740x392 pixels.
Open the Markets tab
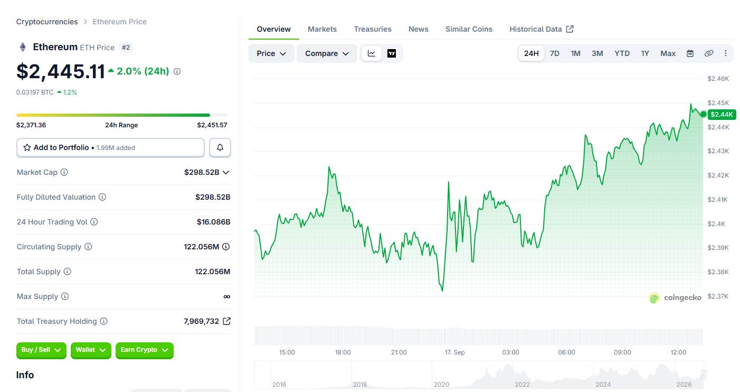point(322,29)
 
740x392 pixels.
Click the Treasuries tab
point(373,29)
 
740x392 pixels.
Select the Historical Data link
point(542,29)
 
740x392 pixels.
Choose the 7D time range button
point(554,53)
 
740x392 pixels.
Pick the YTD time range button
point(622,53)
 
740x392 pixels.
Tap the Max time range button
point(668,53)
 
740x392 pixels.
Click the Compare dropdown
point(327,53)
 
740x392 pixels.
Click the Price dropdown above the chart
point(271,53)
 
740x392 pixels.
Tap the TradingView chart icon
point(392,53)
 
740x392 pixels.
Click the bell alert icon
point(220,147)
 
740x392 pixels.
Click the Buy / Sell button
point(41,350)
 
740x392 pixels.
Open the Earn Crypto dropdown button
point(145,350)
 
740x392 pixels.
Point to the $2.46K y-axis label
point(718,79)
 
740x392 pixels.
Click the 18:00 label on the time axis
point(343,352)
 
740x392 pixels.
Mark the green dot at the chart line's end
point(704,114)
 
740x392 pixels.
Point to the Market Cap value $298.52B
point(202,172)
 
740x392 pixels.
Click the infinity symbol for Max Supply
point(226,296)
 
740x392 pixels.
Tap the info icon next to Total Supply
point(68,272)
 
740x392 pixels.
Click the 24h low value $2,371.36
point(31,125)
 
